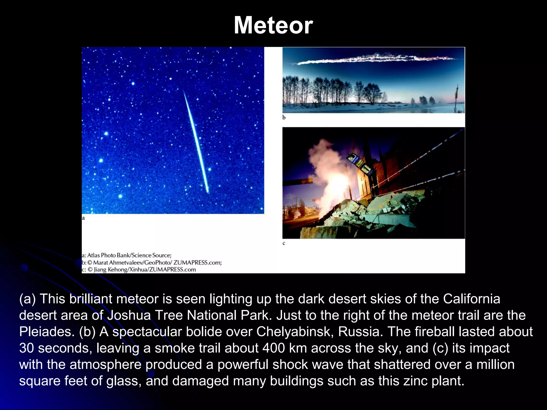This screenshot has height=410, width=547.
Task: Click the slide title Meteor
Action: tap(273, 25)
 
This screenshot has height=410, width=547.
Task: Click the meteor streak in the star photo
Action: tap(196, 141)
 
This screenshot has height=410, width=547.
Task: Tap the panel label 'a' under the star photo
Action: tap(83, 218)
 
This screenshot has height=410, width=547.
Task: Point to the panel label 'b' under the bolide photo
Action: tap(284, 117)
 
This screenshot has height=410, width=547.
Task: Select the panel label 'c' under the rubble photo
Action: tap(284, 243)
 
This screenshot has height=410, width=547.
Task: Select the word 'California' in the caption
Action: tap(471, 299)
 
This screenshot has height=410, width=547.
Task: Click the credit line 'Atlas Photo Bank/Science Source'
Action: tap(129, 255)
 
